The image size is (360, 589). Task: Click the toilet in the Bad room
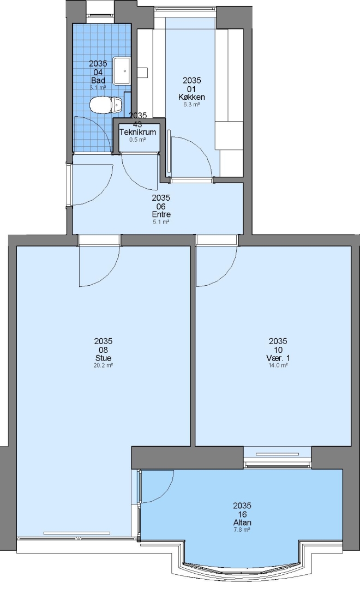(106, 105)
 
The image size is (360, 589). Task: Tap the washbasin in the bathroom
(122, 70)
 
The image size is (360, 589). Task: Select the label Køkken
(191, 97)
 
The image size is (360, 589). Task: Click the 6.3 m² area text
(191, 104)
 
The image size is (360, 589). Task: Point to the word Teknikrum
(137, 132)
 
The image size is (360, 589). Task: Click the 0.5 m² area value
(137, 140)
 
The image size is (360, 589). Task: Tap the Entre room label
(161, 214)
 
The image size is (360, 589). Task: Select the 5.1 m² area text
(161, 222)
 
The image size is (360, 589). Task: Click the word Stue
(103, 358)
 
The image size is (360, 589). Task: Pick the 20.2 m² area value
(103, 365)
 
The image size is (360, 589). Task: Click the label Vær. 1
(278, 358)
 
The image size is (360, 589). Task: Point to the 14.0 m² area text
(278, 365)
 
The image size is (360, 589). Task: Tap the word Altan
(242, 522)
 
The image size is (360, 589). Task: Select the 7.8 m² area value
(242, 530)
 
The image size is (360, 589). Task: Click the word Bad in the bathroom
(98, 80)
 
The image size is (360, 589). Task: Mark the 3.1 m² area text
(98, 87)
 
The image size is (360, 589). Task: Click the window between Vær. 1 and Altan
(277, 457)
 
